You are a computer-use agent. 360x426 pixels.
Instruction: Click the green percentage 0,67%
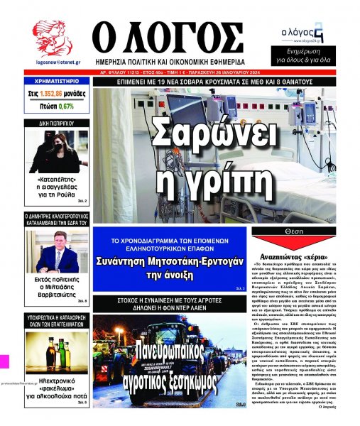66,106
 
